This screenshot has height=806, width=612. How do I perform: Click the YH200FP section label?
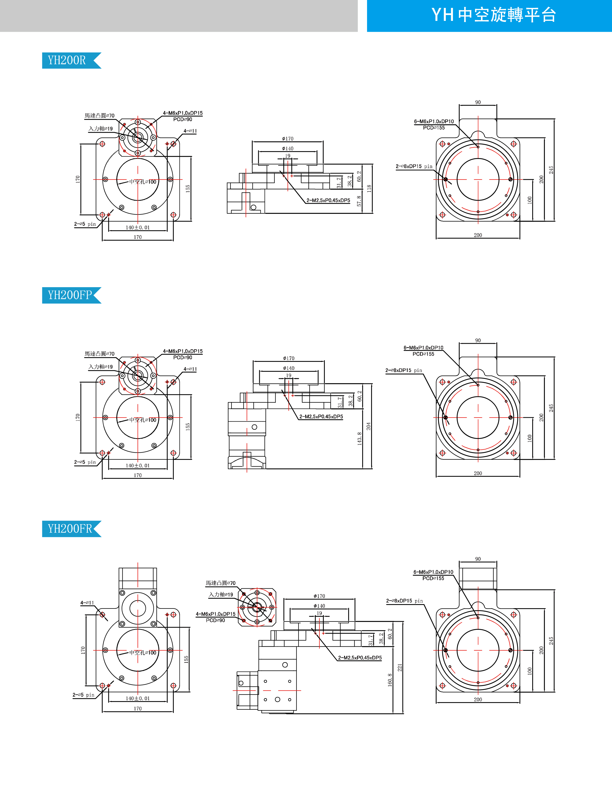pos(70,295)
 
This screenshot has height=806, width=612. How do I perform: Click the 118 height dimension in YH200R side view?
pos(369,188)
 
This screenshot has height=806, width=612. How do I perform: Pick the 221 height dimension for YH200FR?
pos(400,668)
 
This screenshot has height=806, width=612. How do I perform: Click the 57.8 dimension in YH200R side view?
pos(359,201)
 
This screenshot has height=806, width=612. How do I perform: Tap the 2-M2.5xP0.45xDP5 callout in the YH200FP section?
pos(321,416)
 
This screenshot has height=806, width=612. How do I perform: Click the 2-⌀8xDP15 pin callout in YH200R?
pos(414,166)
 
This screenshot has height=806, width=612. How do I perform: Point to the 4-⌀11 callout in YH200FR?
pos(87,603)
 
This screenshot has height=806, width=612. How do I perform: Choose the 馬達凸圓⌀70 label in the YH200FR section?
pos(220,583)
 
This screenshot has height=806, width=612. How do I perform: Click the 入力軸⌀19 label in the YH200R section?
pos(100,129)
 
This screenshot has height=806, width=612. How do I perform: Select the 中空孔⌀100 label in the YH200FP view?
pos(142,420)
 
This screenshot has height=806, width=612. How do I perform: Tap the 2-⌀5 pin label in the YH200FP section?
pos(85,462)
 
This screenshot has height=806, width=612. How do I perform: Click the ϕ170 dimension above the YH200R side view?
pos(288,139)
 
